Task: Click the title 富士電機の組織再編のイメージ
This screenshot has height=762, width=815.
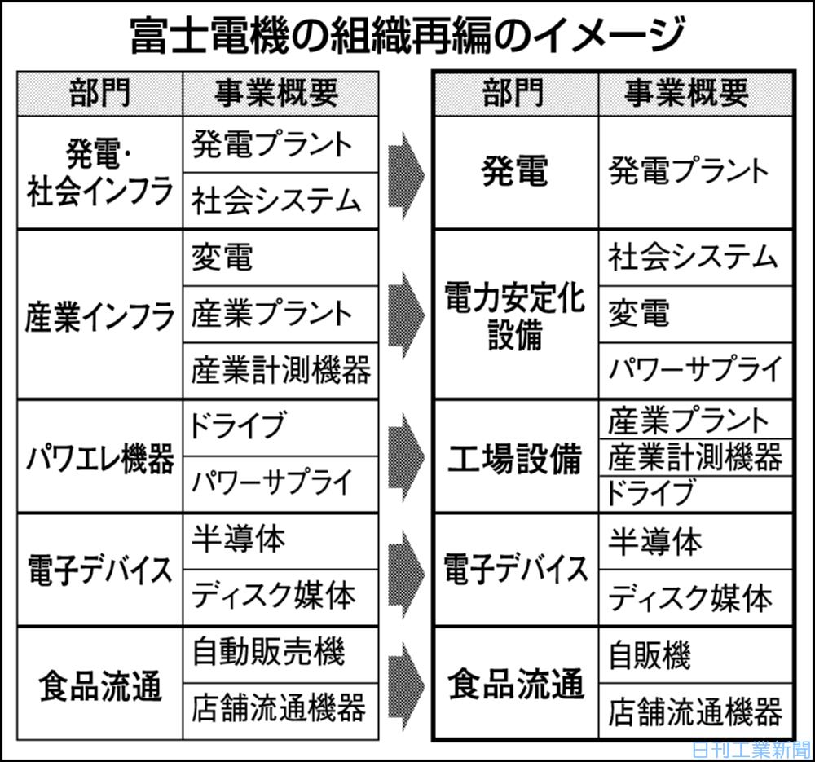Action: pos(407,34)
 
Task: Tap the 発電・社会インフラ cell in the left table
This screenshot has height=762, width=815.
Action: pos(100,172)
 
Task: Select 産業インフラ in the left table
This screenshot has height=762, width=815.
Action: pos(100,315)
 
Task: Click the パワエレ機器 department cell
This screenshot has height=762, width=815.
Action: pos(100,456)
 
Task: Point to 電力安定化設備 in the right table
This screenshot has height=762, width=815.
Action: pos(514,315)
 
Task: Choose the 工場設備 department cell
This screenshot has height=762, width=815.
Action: pos(514,457)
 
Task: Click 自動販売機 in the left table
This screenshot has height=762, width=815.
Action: pos(269,652)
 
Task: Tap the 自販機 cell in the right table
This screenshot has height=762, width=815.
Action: pos(650,654)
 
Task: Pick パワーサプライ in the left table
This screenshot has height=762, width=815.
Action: pos(271,482)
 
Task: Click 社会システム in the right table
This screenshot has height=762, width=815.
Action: pos(693,258)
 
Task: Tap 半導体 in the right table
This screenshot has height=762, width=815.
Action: pos(655,540)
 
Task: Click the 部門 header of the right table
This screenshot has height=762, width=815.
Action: pos(513,93)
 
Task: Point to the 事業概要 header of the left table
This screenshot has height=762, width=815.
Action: pos(276,93)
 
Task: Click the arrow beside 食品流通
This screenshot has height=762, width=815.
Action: pos(407,683)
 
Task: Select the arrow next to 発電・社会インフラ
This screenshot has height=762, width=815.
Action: pos(407,172)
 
